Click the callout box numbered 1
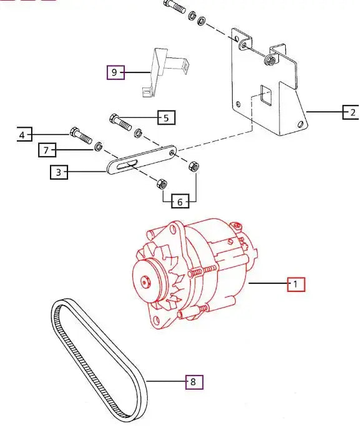[296, 284]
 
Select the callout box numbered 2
[351, 113]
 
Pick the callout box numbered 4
[23, 134]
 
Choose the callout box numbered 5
[166, 117]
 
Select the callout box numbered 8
[194, 381]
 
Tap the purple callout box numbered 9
[114, 72]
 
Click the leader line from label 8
[165, 381]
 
